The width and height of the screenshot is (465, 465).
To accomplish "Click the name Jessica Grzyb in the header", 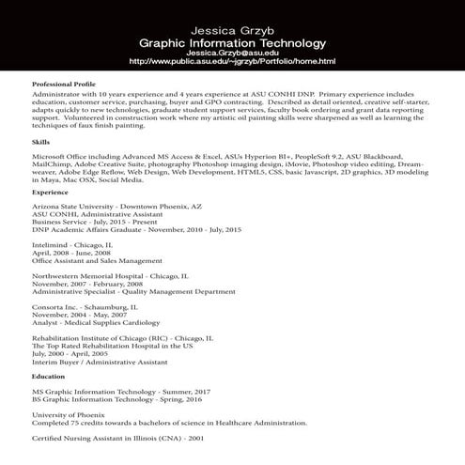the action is click(x=232, y=31).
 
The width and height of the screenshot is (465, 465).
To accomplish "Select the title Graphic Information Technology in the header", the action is click(x=232, y=43).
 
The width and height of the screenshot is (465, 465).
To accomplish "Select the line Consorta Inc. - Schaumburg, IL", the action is click(x=85, y=306).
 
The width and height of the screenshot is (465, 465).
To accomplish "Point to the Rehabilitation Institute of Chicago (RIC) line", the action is click(x=122, y=337).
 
